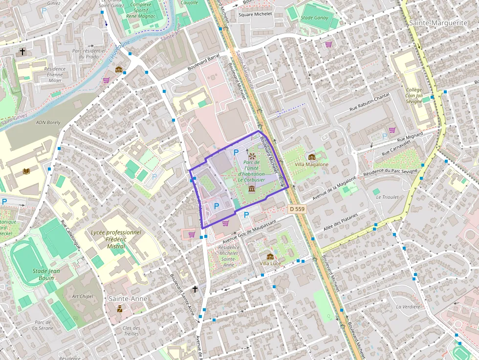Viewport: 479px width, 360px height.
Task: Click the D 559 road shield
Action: pyautogui.click(x=297, y=209)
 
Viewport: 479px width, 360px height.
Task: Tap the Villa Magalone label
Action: pyautogui.click(x=312, y=165)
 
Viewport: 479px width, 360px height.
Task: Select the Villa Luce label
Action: pyautogui.click(x=270, y=263)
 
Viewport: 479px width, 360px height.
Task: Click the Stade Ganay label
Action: pyautogui.click(x=315, y=18)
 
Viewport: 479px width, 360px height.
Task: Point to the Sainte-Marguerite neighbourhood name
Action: pyautogui.click(x=438, y=23)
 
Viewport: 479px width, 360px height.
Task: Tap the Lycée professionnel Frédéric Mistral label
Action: pyautogui.click(x=116, y=239)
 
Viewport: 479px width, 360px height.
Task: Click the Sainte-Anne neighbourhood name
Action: pyautogui.click(x=128, y=298)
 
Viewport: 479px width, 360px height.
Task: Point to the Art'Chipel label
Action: pyautogui.click(x=82, y=296)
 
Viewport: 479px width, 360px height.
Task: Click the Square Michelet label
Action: pyautogui.click(x=255, y=14)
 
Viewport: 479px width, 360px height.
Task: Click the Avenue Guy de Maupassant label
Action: pyautogui.click(x=249, y=232)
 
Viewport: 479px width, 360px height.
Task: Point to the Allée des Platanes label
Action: pyautogui.click(x=341, y=222)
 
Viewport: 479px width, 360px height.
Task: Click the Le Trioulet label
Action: pyautogui.click(x=387, y=197)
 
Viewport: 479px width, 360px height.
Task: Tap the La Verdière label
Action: pyautogui.click(x=408, y=307)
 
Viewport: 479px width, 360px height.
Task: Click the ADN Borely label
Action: pyautogui.click(x=47, y=122)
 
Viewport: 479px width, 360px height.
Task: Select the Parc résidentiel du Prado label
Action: pyautogui.click(x=89, y=53)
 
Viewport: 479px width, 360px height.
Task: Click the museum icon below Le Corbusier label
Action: pyautogui.click(x=252, y=189)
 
